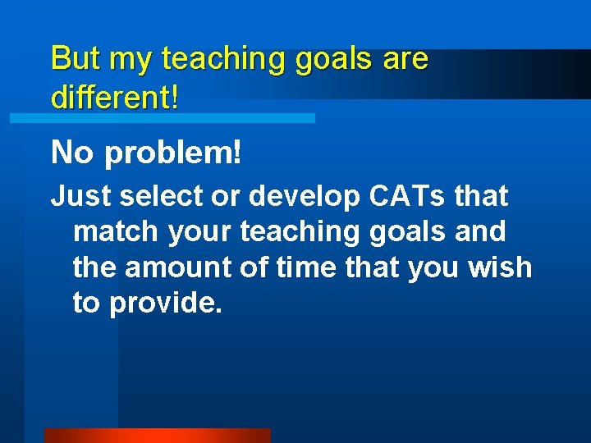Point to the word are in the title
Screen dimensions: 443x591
pyautogui.click(x=404, y=60)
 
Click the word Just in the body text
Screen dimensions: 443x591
pyautogui.click(x=80, y=197)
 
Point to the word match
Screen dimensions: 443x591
pyautogui.click(x=116, y=232)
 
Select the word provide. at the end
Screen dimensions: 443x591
pyautogui.click(x=166, y=304)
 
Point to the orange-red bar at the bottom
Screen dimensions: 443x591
pyautogui.click(x=157, y=435)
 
